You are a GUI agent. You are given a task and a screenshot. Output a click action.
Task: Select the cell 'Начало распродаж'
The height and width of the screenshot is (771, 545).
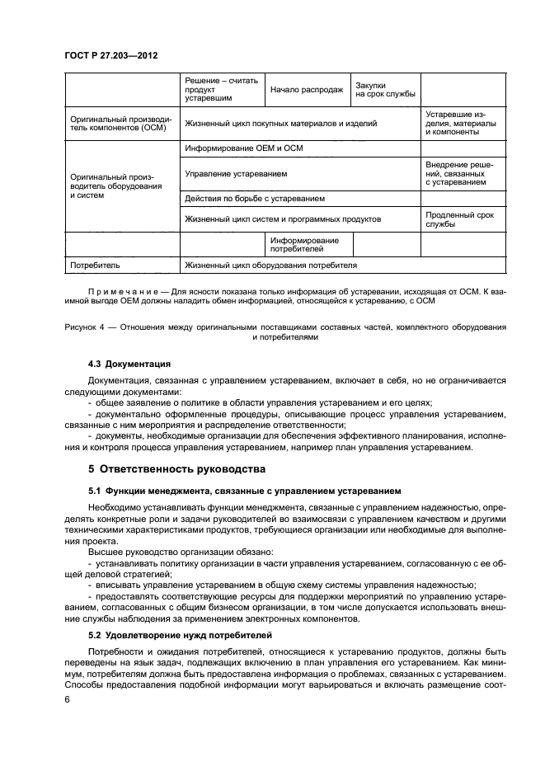click(x=307, y=90)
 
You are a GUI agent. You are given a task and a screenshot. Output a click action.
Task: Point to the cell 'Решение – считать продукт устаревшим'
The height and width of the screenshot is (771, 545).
click(x=221, y=90)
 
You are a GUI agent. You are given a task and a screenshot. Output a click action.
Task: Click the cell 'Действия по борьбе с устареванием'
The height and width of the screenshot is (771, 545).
click(x=255, y=199)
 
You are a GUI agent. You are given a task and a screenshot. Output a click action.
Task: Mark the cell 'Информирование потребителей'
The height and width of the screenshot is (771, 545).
click(x=304, y=244)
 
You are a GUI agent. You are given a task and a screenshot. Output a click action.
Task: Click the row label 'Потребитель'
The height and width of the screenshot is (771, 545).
click(x=96, y=266)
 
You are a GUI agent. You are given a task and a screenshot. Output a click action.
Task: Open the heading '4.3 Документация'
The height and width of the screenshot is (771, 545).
click(x=129, y=364)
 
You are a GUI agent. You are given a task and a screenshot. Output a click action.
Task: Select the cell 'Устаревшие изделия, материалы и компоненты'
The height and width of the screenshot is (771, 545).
click(x=461, y=124)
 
